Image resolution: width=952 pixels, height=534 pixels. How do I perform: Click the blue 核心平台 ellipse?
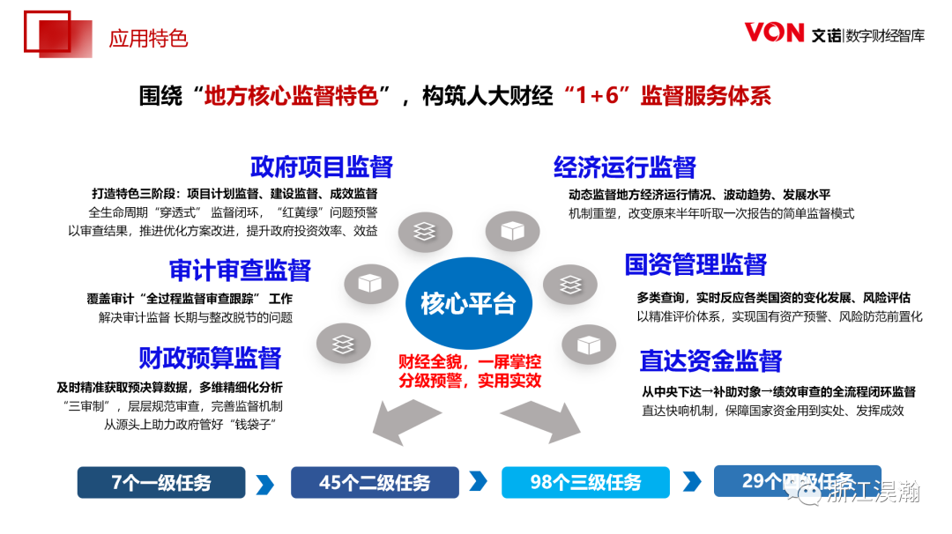pos(468,303)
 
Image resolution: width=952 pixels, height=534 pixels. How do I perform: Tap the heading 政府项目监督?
pos(321,167)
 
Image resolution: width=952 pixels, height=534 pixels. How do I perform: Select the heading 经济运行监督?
pos(624,167)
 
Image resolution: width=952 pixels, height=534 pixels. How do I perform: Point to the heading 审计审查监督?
pos(240,270)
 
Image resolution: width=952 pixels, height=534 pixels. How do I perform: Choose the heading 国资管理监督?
pos(695,264)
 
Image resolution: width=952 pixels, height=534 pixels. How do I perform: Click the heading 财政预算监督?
pos(210,358)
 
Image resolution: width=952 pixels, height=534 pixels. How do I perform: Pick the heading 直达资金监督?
pos(710,360)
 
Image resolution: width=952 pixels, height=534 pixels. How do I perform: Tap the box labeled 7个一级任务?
pos(161,483)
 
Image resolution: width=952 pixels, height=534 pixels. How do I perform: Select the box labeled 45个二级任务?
pos(375,483)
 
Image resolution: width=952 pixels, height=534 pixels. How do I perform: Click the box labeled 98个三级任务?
pos(585,483)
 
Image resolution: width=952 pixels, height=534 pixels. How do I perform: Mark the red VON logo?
pos(774,33)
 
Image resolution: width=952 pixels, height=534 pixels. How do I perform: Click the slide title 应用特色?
pos(148,39)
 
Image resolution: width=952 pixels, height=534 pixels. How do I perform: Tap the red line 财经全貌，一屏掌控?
pos(470,361)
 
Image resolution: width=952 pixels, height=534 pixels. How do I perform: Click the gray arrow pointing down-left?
pos(405,420)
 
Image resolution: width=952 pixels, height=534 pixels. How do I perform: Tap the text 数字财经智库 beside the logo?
pos(885,35)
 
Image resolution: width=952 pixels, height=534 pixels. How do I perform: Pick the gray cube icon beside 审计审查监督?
pos(366,284)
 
